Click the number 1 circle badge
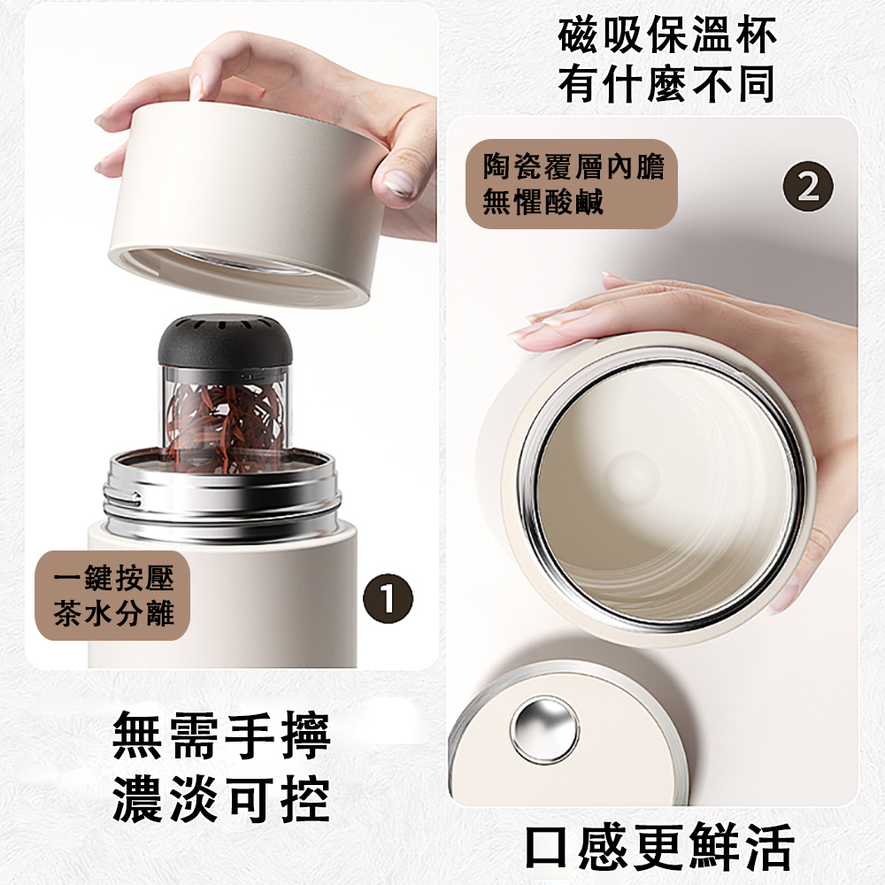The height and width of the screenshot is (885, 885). point(388,598)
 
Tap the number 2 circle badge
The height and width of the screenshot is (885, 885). point(808,186)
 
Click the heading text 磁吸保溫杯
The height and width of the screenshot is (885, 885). point(666,35)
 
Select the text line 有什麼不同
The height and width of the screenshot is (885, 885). point(666,83)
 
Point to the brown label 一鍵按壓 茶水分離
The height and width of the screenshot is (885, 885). point(112,595)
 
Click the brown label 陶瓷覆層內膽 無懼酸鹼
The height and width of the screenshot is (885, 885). point(571,183)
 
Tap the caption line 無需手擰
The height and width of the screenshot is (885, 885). point(221,735)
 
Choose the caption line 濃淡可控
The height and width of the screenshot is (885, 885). point(221,798)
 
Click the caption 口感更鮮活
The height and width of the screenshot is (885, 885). point(659,847)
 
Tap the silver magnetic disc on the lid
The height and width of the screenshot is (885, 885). point(544,730)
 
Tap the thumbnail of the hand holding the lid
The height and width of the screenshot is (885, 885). point(399,183)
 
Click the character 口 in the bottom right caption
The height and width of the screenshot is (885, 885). point(546,848)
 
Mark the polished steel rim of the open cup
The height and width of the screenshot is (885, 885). point(661,490)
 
